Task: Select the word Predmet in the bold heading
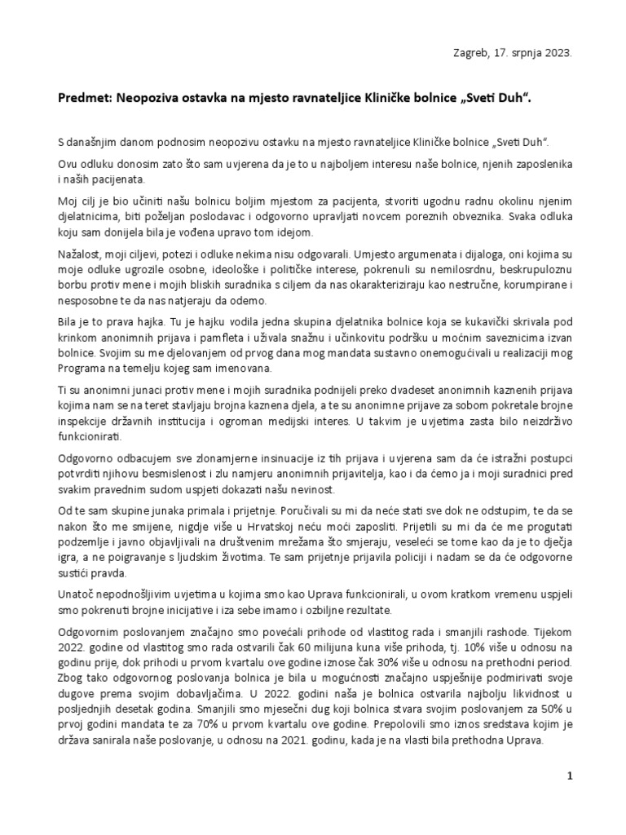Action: point(82,97)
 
